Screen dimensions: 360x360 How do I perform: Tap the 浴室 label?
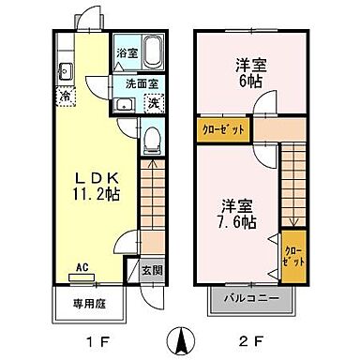[x=125, y=53]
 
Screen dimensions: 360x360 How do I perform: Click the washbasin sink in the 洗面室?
[x=123, y=103]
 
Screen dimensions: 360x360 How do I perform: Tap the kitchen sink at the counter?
[x=66, y=70]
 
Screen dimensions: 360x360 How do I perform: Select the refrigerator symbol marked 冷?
[x=67, y=95]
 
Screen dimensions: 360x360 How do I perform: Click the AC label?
[x=82, y=265]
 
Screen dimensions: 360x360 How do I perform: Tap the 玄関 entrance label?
[x=151, y=270]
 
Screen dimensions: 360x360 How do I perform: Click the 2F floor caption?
[x=250, y=338]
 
